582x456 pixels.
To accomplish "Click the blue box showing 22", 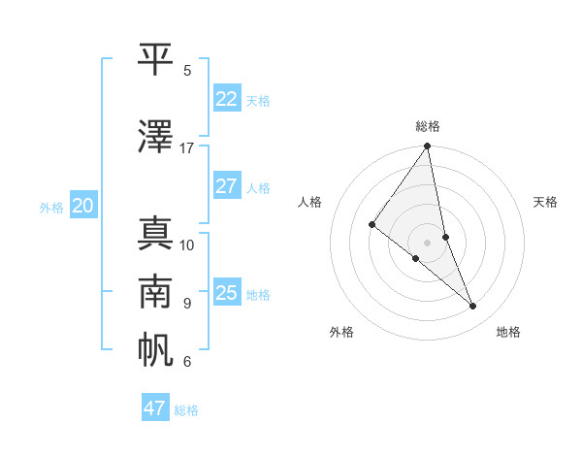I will coord(226,99).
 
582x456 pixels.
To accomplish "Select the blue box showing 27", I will coord(226,186).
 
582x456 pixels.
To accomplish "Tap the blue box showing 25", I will coord(226,293).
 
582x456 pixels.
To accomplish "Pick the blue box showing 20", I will coord(82,206).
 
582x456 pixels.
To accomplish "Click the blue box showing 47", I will coord(154,408).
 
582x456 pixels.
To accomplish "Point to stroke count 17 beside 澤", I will coord(187,147).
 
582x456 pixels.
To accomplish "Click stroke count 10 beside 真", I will coord(187,244).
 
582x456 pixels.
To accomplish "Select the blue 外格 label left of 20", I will coord(51,207).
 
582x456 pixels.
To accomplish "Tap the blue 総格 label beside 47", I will coord(186,410).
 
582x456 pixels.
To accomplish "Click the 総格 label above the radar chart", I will coord(428,126).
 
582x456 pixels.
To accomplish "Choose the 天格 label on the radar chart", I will coord(546,202).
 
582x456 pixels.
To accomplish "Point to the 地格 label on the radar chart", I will coord(508,332).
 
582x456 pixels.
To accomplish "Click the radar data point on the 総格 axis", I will coord(427,147).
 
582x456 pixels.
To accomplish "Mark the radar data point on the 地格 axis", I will coord(473,306).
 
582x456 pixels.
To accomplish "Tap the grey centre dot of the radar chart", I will coord(427,242).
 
